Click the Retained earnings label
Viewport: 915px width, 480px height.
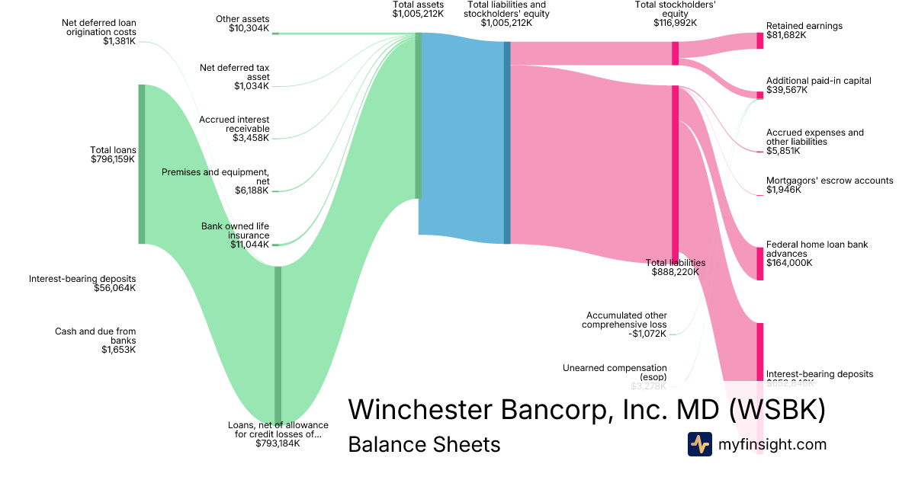[x=804, y=26]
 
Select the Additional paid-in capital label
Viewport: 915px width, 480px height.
[x=818, y=81]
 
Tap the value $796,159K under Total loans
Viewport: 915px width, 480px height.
[x=113, y=160]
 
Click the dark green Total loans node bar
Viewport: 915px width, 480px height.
[x=141, y=164]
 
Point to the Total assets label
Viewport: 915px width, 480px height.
[x=418, y=5]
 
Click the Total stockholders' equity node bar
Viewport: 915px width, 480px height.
[x=675, y=53]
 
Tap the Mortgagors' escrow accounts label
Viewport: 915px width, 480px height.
[x=830, y=181]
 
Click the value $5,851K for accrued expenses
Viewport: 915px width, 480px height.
[x=783, y=151]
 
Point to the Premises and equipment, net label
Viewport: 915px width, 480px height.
[x=215, y=177]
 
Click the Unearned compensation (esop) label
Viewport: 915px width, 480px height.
[x=615, y=373]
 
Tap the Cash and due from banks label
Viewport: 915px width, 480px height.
[x=95, y=336]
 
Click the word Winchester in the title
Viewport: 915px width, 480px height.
[x=420, y=410]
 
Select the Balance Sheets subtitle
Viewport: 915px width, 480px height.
[x=424, y=444]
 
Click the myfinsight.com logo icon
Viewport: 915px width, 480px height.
[x=699, y=444]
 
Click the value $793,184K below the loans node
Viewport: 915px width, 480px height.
[x=278, y=443]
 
